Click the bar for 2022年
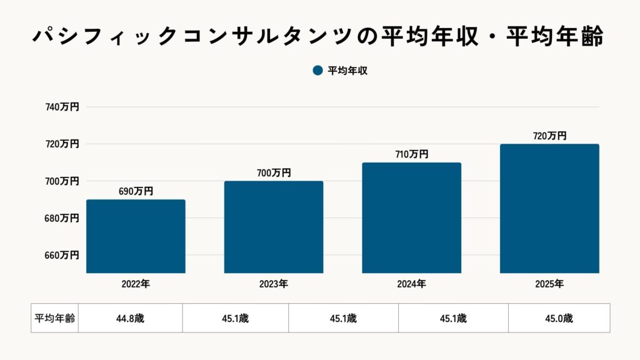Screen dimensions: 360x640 136,236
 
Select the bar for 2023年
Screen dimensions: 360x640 274,227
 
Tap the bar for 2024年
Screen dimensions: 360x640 412,217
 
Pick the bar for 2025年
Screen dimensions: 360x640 549,208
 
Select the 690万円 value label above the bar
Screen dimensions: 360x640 136,192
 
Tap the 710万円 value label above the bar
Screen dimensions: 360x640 412,154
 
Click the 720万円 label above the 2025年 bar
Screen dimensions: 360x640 549,136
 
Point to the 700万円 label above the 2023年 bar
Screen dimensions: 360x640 274,173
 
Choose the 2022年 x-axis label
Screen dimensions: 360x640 136,284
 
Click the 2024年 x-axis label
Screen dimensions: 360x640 412,284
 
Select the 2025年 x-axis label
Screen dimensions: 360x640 549,284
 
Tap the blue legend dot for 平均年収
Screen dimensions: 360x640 317,71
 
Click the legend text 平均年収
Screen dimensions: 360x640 347,71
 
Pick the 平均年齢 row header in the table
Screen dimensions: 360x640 54,318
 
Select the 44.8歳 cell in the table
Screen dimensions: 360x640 130,318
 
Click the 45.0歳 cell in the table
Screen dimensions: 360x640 559,318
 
